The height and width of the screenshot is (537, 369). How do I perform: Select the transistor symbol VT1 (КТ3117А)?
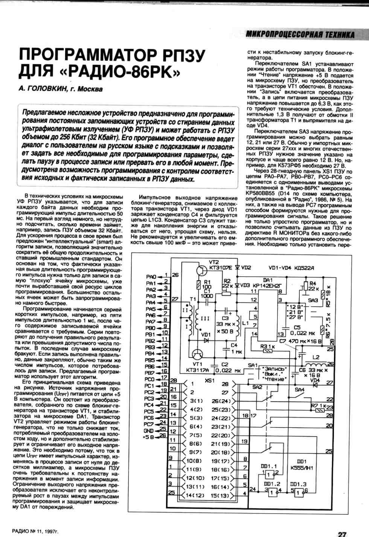coord(197,354)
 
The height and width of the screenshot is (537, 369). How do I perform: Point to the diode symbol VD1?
coord(206,340)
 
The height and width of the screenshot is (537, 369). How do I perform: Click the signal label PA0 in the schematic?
coord(151,277)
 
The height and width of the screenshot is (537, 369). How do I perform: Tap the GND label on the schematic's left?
coord(149,430)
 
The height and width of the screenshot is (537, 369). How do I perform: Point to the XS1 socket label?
coord(209,380)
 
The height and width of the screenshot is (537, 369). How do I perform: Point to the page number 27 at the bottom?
coord(342,534)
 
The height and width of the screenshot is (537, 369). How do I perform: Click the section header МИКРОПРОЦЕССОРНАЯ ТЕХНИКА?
coord(300,35)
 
